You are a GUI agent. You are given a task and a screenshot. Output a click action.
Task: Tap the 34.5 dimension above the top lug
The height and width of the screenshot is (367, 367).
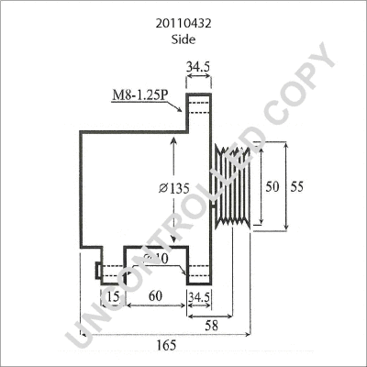tap(200, 68)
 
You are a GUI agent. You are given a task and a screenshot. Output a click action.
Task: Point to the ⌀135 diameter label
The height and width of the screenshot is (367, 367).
tap(174, 189)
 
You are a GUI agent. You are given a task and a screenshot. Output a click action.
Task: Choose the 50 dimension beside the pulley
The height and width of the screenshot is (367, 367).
tap(271, 185)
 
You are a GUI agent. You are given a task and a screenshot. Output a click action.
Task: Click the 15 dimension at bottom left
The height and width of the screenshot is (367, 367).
tap(111, 296)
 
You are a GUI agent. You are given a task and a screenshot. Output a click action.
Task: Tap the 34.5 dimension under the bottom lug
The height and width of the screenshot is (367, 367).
tap(200, 296)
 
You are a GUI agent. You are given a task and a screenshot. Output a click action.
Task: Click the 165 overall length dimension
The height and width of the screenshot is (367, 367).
tap(165, 346)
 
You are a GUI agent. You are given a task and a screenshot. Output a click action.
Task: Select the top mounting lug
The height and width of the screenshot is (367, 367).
tap(200, 106)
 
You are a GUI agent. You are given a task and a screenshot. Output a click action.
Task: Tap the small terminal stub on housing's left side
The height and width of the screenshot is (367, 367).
tap(96, 272)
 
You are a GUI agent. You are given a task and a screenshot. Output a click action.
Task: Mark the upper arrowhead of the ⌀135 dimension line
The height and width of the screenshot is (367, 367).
tap(172, 136)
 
